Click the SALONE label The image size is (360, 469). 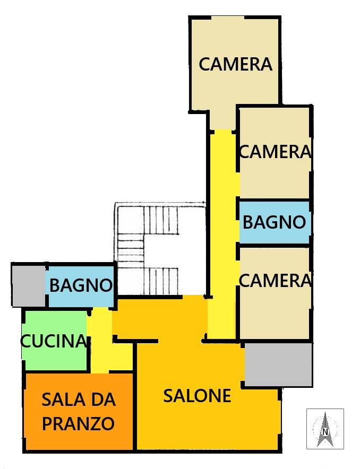pyautogui.click(x=197, y=395)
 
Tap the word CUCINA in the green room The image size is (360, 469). pyautogui.click(x=53, y=341)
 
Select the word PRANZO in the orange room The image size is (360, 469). pyautogui.click(x=79, y=423)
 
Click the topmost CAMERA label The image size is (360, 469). pyautogui.click(x=236, y=64)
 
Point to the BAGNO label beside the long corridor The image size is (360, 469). pyautogui.click(x=274, y=222)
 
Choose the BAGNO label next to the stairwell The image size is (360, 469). pyautogui.click(x=81, y=285)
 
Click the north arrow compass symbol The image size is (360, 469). pyautogui.click(x=325, y=429)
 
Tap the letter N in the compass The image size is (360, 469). pyautogui.click(x=325, y=432)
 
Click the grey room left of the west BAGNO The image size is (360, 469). pyautogui.click(x=29, y=285)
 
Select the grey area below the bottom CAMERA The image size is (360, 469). pyautogui.click(x=278, y=364)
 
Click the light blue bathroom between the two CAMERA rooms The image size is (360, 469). pyautogui.click(x=274, y=222)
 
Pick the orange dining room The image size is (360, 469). pyautogui.click(x=79, y=411)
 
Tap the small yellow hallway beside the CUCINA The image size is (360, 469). pyautogui.click(x=102, y=341)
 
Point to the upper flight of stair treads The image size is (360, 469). pyautogui.click(x=161, y=220)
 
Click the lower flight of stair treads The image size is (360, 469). pyautogui.click(x=161, y=281)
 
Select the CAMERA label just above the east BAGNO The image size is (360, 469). pyautogui.click(x=275, y=151)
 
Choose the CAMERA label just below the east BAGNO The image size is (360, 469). pyautogui.click(x=275, y=280)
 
